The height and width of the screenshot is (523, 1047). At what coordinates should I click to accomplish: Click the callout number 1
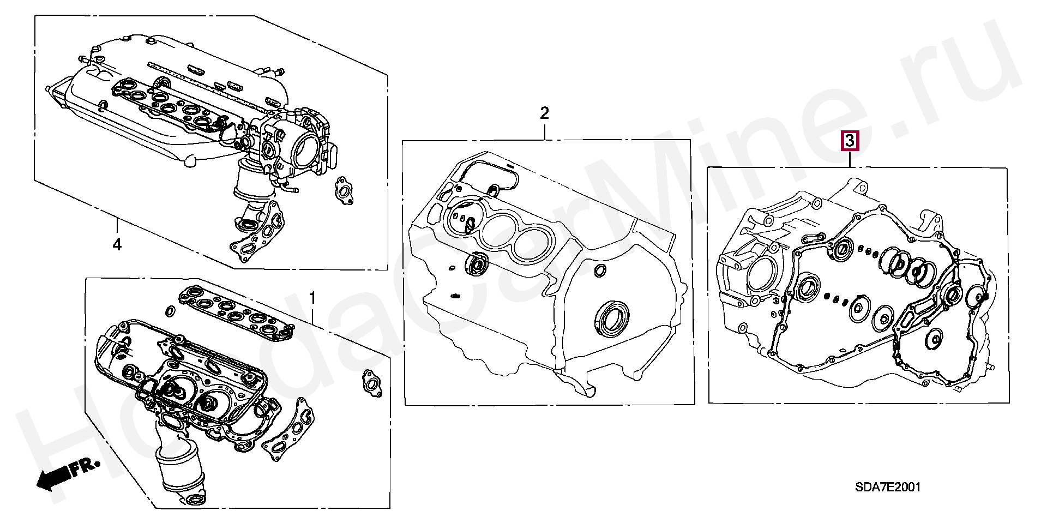[x=312, y=298]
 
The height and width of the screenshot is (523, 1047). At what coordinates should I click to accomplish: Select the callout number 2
[x=544, y=113]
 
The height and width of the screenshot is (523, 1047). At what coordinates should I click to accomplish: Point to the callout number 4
[x=117, y=245]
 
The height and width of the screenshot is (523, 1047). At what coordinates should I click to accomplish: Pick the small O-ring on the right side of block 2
[x=600, y=270]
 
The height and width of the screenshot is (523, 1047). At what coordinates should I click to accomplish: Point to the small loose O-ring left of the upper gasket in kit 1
[x=170, y=311]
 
